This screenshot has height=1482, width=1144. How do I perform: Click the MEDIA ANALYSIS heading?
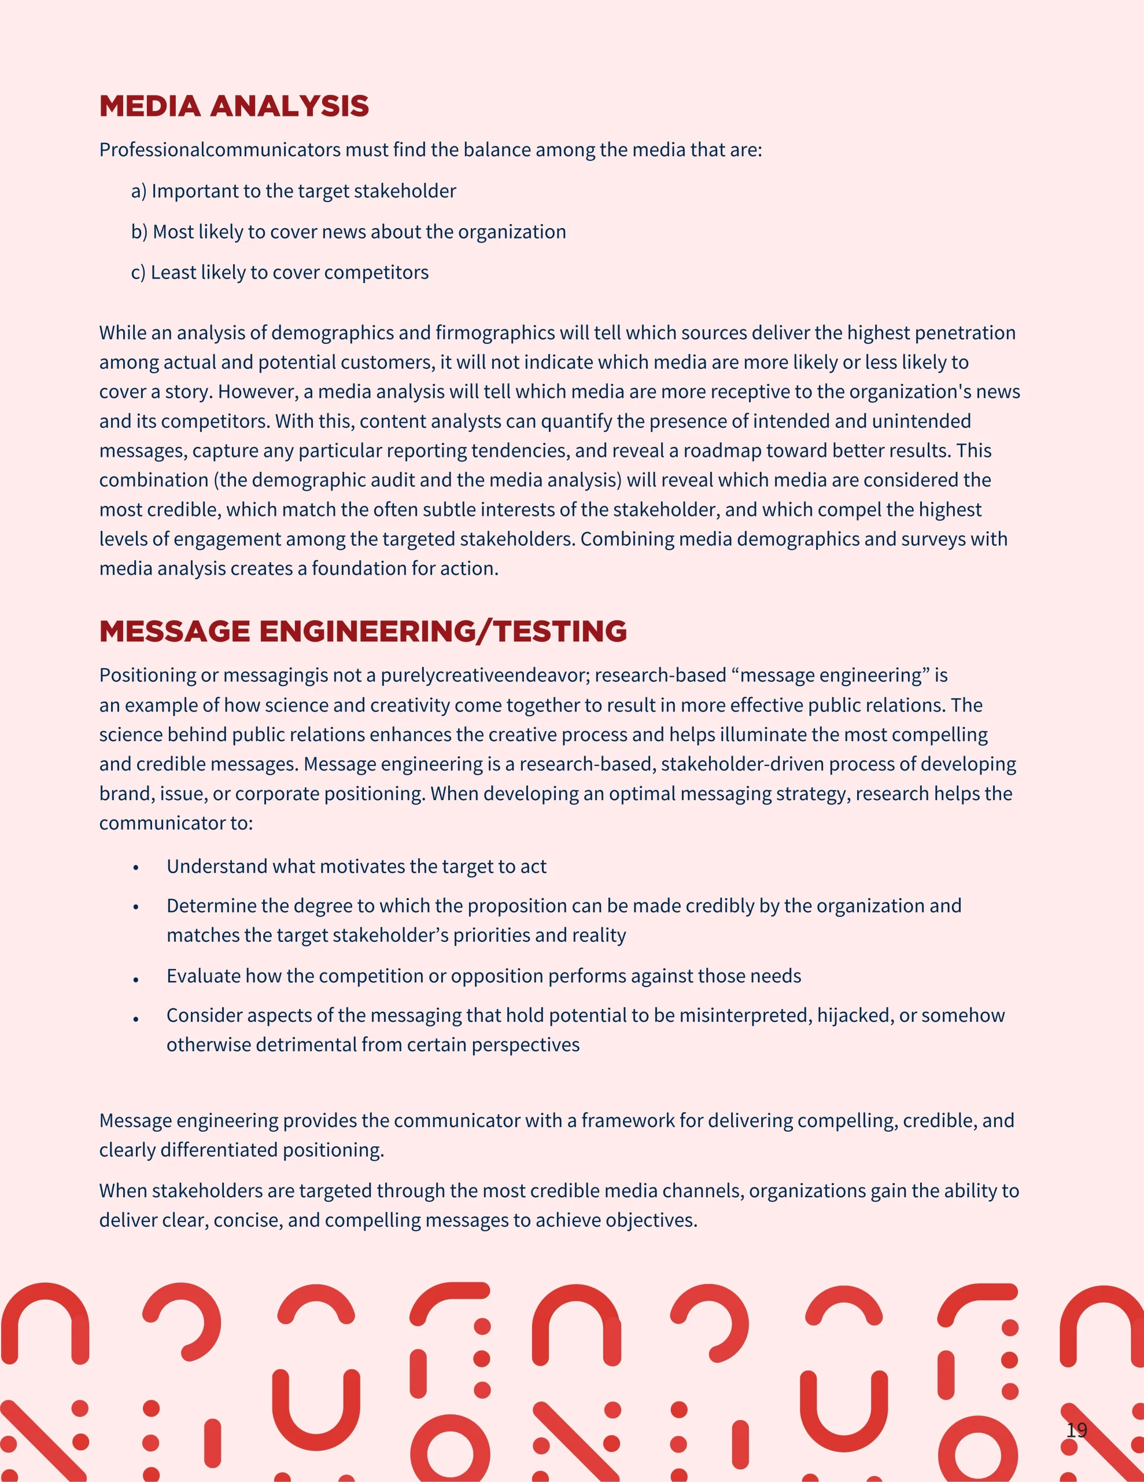[x=234, y=107]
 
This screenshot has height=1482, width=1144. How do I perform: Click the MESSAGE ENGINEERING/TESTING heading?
[x=363, y=632]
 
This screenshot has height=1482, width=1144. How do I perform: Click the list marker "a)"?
[x=139, y=192]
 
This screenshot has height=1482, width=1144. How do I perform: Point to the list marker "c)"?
[x=138, y=273]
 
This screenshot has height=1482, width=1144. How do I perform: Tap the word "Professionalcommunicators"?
[x=220, y=150]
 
